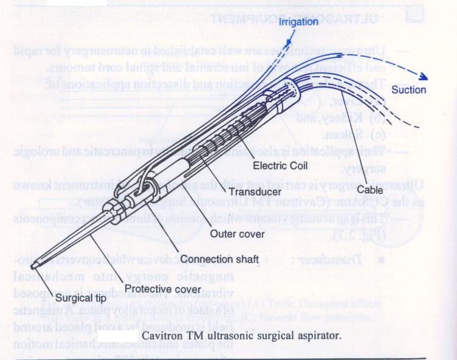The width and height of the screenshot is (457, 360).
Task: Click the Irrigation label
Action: pos(298,22)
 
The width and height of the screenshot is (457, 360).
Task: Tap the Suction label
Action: pos(408,90)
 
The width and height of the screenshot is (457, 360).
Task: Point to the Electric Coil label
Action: pos(277,164)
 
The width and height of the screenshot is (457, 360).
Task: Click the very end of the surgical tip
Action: pos(35,266)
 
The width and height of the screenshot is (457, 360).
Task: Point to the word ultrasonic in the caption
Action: pos(224,335)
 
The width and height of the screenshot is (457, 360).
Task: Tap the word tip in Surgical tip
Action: pos(100,299)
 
